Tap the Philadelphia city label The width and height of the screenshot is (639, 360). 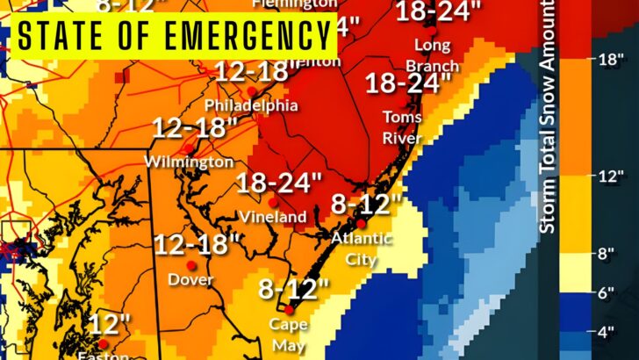(x=251, y=105)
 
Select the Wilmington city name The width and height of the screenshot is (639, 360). (x=190, y=162)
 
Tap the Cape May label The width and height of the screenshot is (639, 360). (x=290, y=335)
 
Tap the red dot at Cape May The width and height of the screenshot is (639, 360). (x=290, y=310)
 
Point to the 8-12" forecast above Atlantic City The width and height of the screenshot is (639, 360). (x=366, y=206)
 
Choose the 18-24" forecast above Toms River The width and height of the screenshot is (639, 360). (x=404, y=83)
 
